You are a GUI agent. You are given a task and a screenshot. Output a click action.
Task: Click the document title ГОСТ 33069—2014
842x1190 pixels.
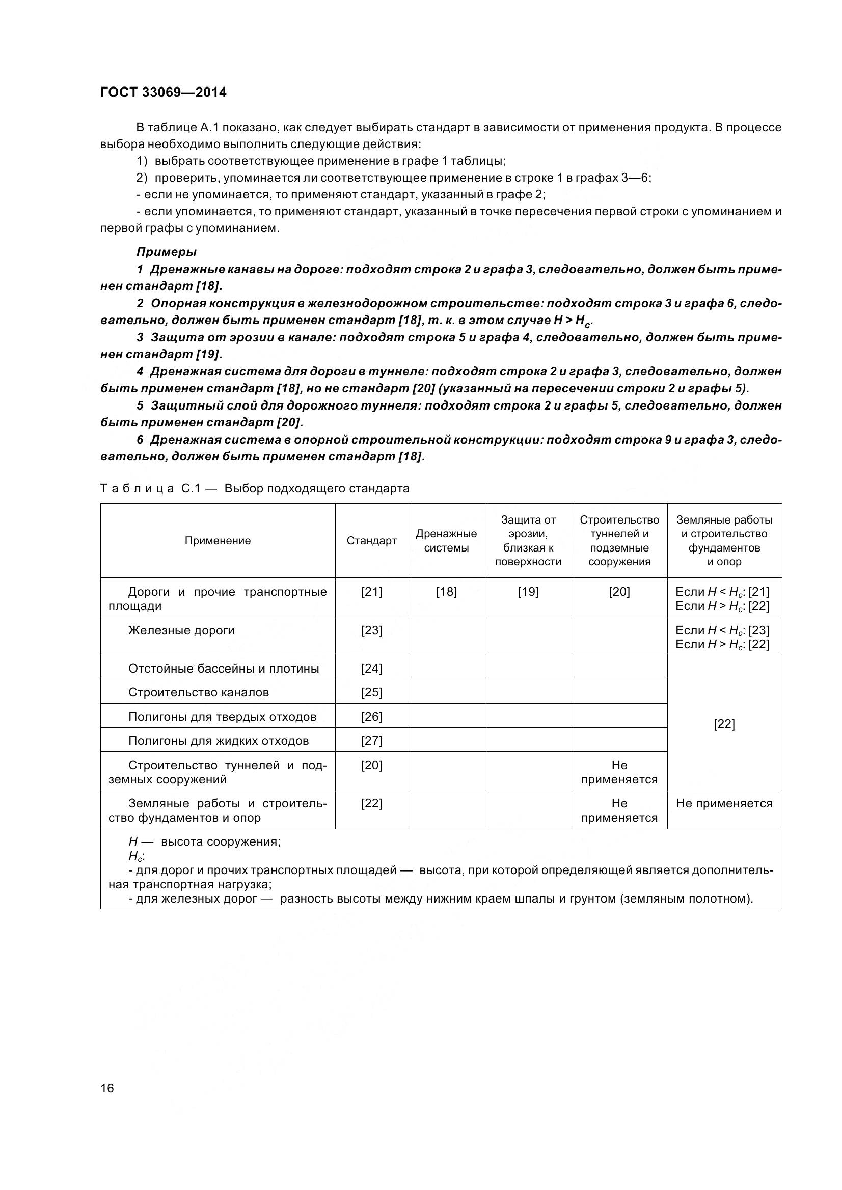[x=164, y=92]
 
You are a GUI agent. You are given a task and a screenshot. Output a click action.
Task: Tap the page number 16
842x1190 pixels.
[x=107, y=1088]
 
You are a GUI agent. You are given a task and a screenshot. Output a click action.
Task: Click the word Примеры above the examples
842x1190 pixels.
[x=167, y=252]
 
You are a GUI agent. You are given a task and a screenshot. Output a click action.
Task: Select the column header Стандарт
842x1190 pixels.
[x=371, y=541]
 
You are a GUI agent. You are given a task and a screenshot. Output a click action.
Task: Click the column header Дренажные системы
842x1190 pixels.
[x=446, y=541]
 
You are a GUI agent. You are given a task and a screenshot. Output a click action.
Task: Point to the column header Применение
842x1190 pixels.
[x=218, y=541]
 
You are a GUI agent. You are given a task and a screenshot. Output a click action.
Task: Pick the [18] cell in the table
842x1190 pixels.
[x=446, y=592]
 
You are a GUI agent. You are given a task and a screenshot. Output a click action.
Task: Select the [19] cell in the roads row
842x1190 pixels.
[x=528, y=592]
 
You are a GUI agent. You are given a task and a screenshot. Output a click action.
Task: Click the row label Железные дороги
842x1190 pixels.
[x=181, y=630]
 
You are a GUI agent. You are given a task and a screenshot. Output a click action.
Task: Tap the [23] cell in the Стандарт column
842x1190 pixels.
[x=371, y=630]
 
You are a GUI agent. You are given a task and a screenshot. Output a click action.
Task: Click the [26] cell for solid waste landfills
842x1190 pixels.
[x=371, y=717]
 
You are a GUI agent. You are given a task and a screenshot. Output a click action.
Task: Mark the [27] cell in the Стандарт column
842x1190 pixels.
[x=371, y=741]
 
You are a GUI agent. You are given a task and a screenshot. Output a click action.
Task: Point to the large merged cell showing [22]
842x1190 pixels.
[x=724, y=724]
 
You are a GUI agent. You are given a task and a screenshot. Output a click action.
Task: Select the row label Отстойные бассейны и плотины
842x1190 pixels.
[x=224, y=669]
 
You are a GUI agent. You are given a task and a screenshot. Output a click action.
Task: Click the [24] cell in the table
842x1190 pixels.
[x=371, y=669]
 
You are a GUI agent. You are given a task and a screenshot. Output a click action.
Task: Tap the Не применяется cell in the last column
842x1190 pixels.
[x=724, y=803]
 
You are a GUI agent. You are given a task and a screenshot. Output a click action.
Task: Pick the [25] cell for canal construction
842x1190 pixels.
[x=371, y=692]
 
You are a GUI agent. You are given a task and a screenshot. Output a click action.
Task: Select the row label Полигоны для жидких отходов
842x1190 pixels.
[x=219, y=741]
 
